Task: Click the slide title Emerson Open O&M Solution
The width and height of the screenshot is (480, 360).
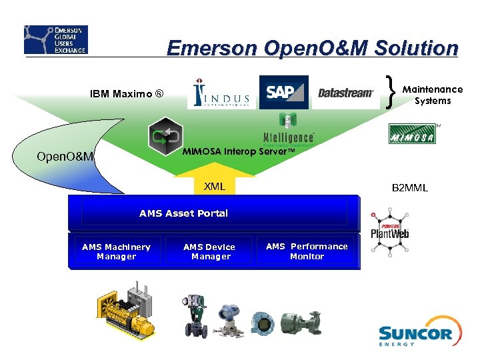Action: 312,48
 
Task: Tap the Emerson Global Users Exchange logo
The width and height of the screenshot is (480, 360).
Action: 55,40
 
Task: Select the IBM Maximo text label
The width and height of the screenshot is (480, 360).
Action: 126,94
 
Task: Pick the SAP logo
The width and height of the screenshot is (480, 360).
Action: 283,92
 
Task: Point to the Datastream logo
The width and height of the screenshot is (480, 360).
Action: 345,93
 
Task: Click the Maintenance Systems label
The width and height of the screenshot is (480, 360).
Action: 433,95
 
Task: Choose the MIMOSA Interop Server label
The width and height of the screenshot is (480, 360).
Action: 238,151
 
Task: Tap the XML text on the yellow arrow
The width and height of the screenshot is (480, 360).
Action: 214,187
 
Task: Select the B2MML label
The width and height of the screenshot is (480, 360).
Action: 409,188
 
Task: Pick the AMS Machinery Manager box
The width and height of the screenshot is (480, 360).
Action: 116,251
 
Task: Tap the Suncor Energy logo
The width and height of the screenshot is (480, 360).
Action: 415,333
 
